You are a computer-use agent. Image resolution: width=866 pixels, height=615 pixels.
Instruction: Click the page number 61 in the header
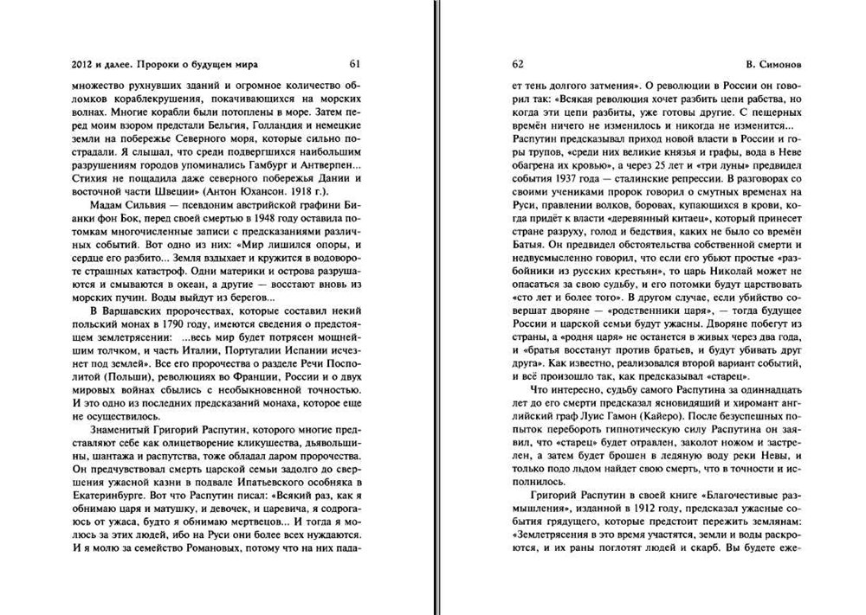pos(355,64)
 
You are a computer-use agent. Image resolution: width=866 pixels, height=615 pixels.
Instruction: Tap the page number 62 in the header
pos(518,64)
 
